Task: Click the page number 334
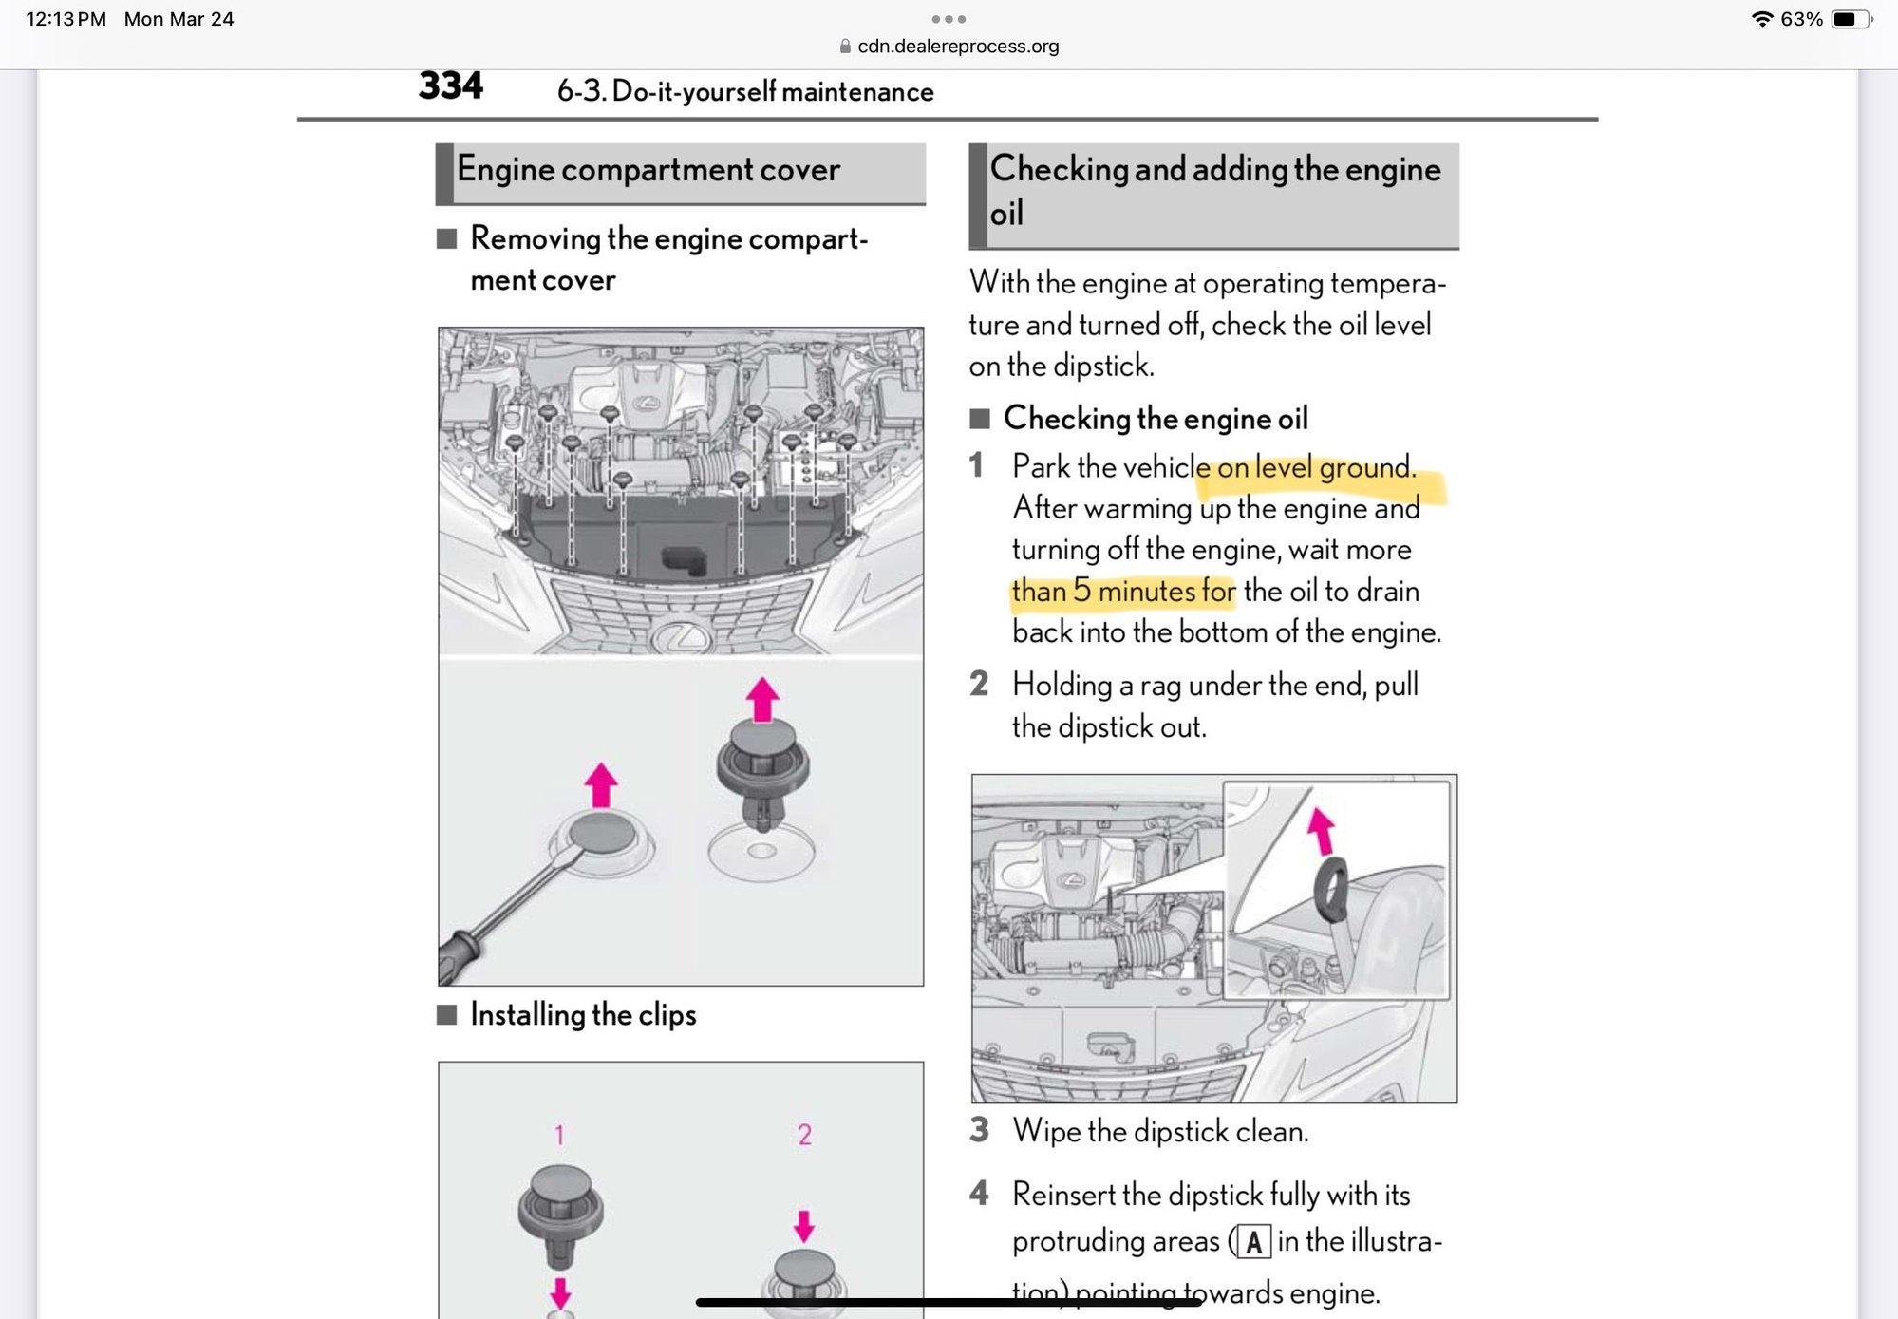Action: (450, 86)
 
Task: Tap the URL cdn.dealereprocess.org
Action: (957, 47)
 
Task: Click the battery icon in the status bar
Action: (1849, 19)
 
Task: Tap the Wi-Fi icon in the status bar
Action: (1761, 19)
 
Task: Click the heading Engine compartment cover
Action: (648, 170)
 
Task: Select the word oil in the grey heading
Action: (1006, 214)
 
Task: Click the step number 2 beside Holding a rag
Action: (979, 684)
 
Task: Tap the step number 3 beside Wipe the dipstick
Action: (979, 1130)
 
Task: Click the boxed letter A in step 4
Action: (1254, 1242)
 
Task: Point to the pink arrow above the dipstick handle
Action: (1320, 828)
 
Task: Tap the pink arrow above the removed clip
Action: (762, 700)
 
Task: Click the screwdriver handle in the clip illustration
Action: (460, 957)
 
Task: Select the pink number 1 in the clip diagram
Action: (559, 1135)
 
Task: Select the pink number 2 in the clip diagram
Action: (804, 1135)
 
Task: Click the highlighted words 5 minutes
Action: (1134, 592)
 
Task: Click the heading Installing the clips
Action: (583, 1015)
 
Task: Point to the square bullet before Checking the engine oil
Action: (980, 419)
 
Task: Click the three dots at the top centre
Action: (949, 19)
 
